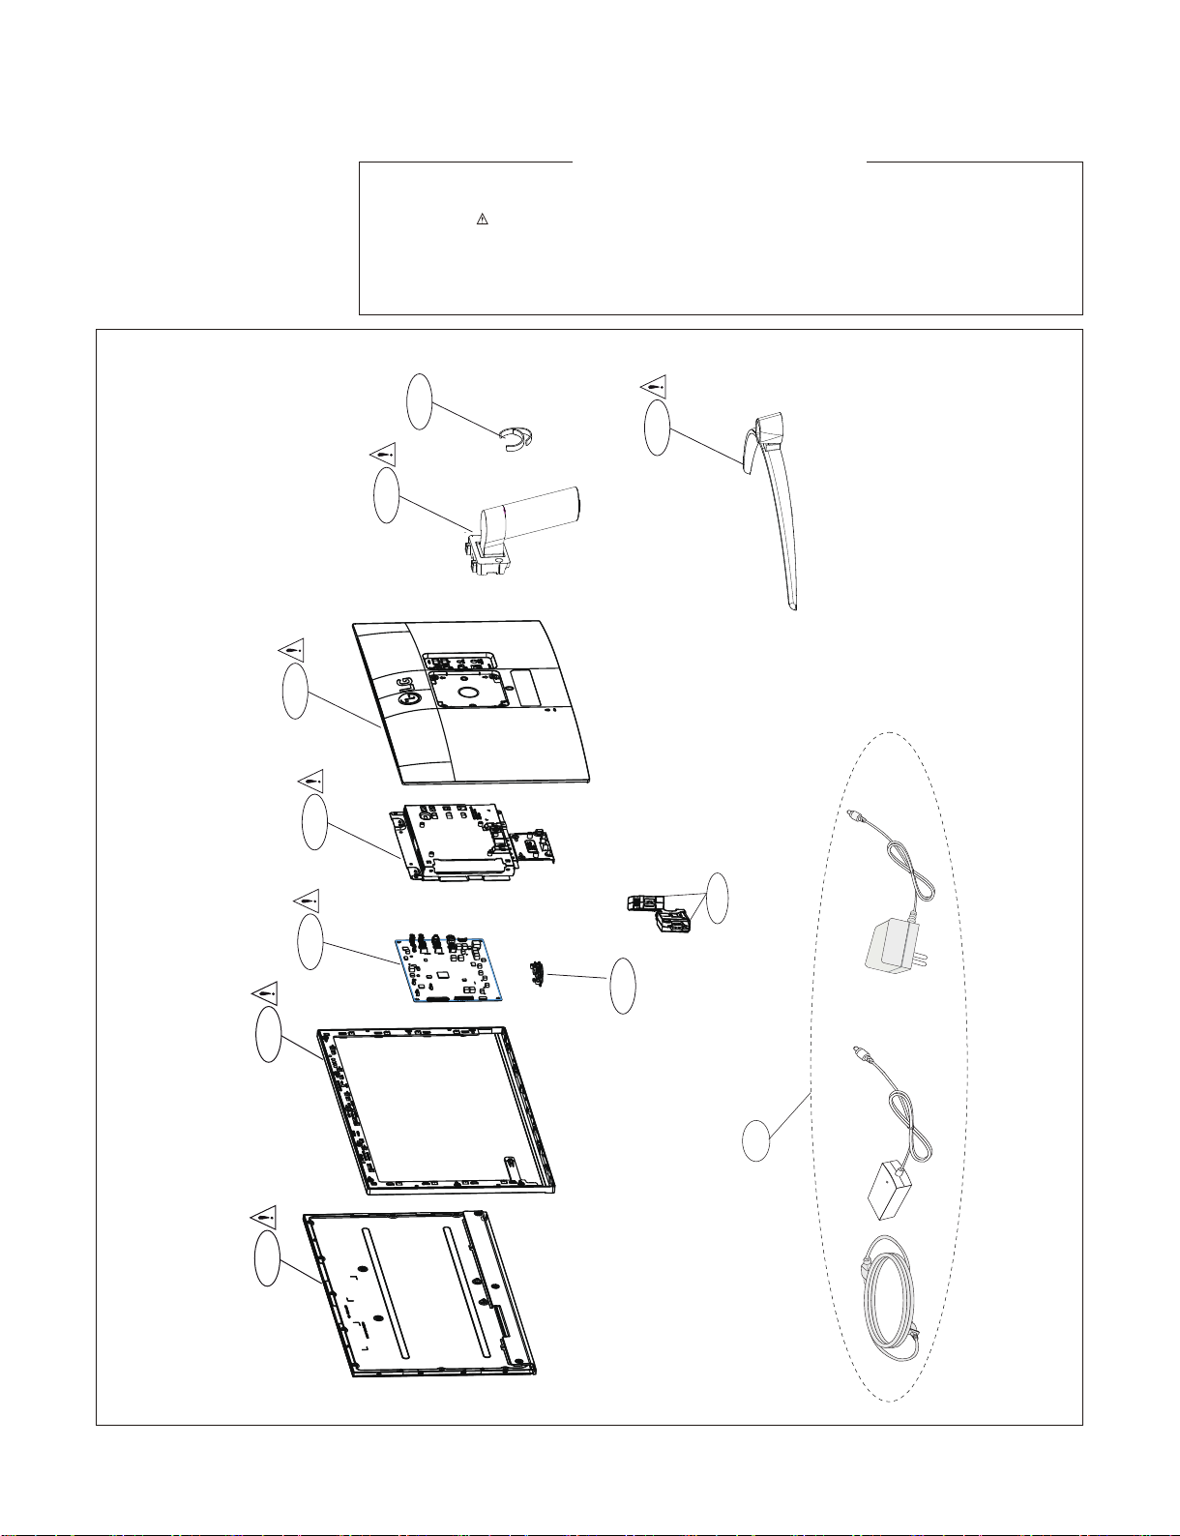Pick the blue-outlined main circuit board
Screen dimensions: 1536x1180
451,969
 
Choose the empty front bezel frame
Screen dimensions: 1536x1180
436,1111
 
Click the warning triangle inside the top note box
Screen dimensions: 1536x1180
482,221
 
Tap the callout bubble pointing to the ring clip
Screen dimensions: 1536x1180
420,401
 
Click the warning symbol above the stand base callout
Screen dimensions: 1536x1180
655,386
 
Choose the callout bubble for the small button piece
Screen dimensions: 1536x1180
625,987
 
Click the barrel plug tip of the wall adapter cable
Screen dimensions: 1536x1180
851,815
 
